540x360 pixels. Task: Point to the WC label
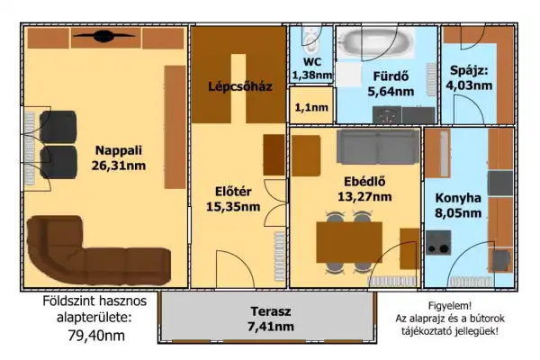coord(311,62)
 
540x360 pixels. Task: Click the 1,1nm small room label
coord(311,108)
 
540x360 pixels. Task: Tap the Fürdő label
coord(386,76)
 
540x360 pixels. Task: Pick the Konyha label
coord(457,199)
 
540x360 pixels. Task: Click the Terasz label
coord(270,311)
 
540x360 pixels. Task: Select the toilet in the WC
coord(311,40)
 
